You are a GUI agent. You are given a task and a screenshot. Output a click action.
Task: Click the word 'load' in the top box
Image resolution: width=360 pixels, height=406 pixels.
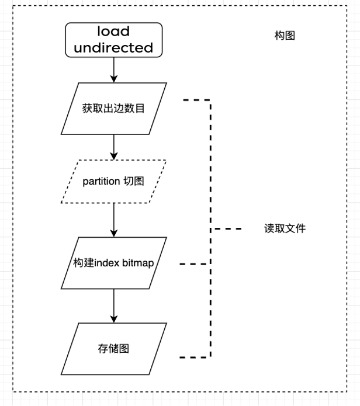tap(113, 32)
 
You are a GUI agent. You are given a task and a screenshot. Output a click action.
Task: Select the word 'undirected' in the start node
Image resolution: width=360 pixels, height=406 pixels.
tap(113, 47)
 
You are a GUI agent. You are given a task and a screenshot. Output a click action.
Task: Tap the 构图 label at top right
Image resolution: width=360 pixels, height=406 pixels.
tap(285, 36)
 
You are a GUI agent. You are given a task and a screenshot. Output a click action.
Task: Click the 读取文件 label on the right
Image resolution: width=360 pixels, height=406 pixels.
tap(285, 228)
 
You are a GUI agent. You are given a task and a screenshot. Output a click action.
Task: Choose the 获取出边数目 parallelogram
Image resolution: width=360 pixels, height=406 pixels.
tap(113, 108)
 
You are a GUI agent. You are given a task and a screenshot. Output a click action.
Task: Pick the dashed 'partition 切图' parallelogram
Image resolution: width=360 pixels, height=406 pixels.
tap(113, 182)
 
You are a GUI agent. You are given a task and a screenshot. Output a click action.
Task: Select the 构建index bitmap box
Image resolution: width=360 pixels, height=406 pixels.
tap(113, 263)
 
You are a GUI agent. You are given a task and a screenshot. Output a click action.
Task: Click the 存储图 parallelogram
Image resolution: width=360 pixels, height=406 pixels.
tap(113, 349)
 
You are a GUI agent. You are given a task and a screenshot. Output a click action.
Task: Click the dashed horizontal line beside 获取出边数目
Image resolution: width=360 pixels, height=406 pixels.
tap(196, 100)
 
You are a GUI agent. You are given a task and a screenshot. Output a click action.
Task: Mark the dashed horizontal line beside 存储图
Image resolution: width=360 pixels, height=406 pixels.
tap(194, 357)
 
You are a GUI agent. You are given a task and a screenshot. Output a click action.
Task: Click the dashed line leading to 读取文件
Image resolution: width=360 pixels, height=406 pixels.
tap(227, 228)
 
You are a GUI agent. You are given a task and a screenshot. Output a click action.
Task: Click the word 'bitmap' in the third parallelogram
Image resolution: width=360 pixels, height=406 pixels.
tap(138, 263)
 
